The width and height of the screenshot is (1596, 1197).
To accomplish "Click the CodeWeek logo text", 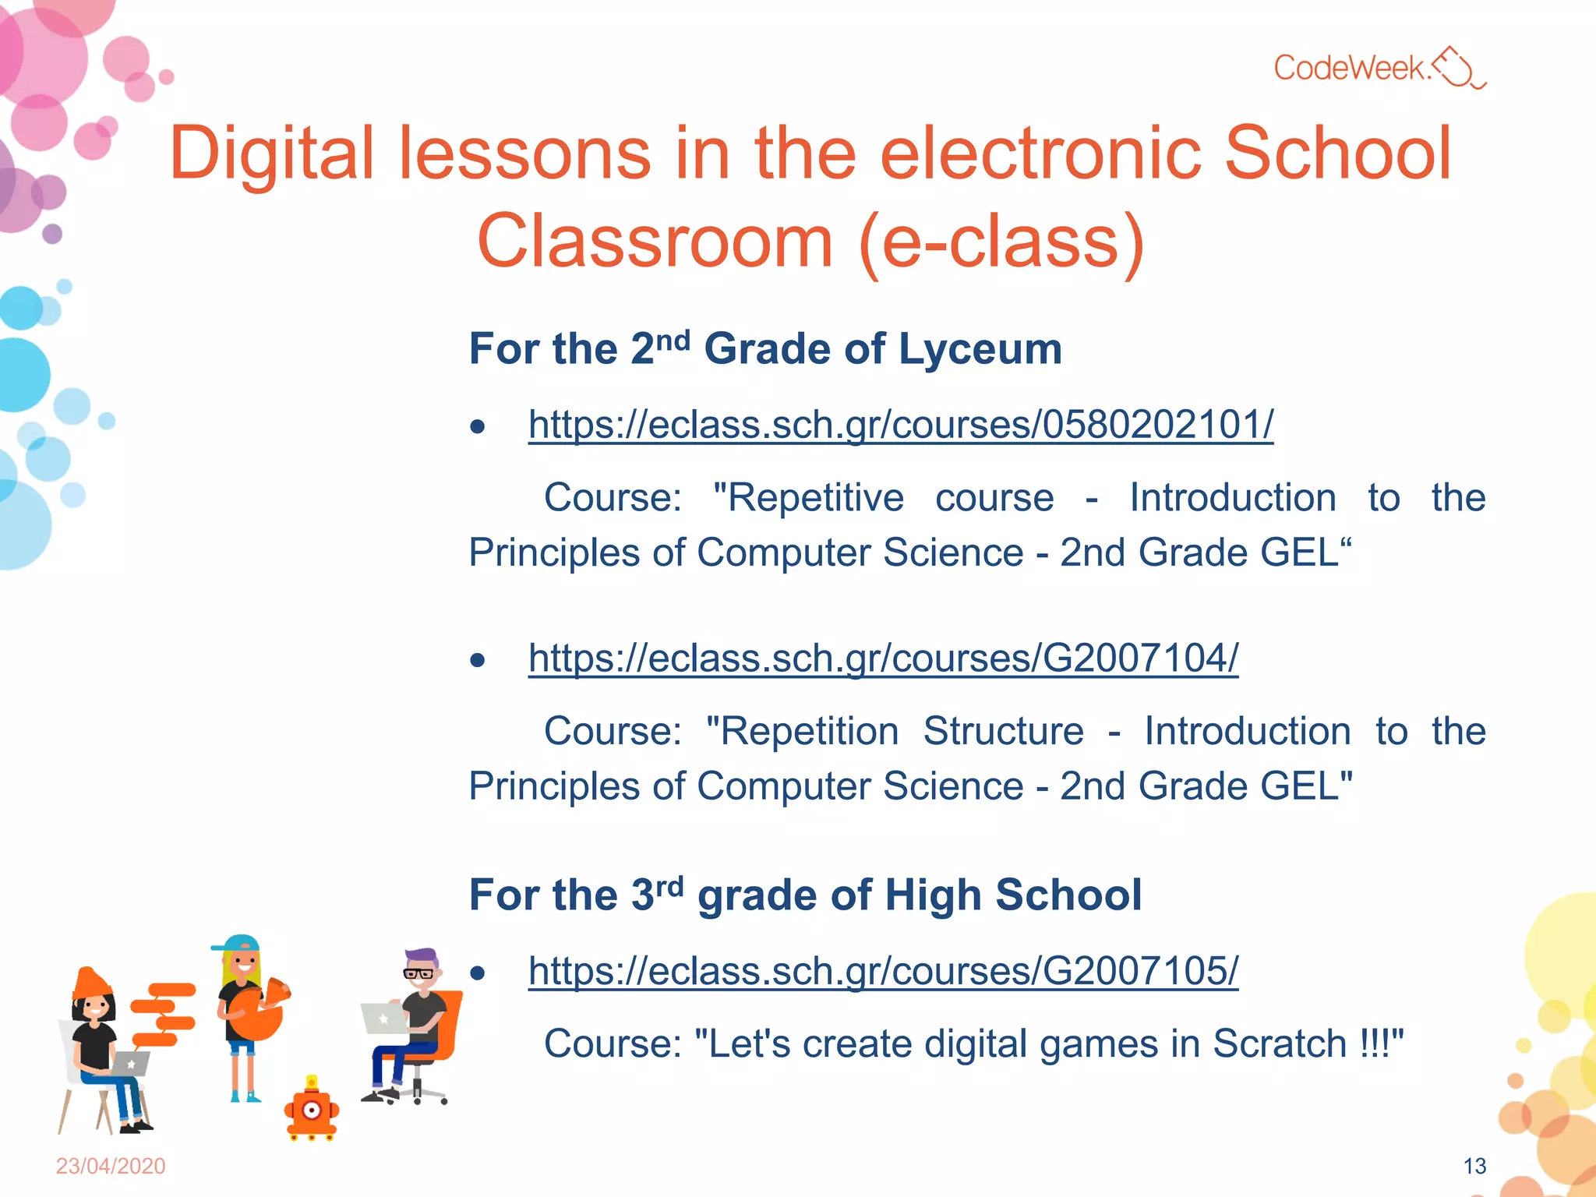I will [1353, 68].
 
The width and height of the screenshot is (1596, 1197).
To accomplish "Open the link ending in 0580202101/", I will [900, 425].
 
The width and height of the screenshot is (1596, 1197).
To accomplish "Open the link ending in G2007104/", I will [883, 659].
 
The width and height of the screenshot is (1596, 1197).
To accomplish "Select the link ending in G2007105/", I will [883, 971].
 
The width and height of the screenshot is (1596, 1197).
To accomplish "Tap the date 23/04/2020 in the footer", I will [111, 1166].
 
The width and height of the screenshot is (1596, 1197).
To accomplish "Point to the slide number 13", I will [1474, 1166].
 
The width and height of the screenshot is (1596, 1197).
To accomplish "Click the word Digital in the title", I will [272, 154].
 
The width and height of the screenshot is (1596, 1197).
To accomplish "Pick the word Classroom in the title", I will [655, 242].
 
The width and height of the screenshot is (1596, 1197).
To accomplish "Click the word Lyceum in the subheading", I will [980, 349].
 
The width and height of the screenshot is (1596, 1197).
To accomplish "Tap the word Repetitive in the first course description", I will [809, 498].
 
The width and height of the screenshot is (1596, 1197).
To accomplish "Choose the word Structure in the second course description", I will [1003, 732].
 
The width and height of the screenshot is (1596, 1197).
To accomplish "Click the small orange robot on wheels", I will [312, 1110].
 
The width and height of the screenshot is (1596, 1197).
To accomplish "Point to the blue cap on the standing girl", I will [237, 943].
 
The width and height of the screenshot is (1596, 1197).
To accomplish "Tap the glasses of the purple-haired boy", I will [419, 973].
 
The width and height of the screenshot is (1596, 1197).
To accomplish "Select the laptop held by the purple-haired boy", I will [383, 1018].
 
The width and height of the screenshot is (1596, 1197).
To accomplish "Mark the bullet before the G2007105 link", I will [478, 973].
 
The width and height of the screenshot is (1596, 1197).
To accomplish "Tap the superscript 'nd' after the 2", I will [673, 341].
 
